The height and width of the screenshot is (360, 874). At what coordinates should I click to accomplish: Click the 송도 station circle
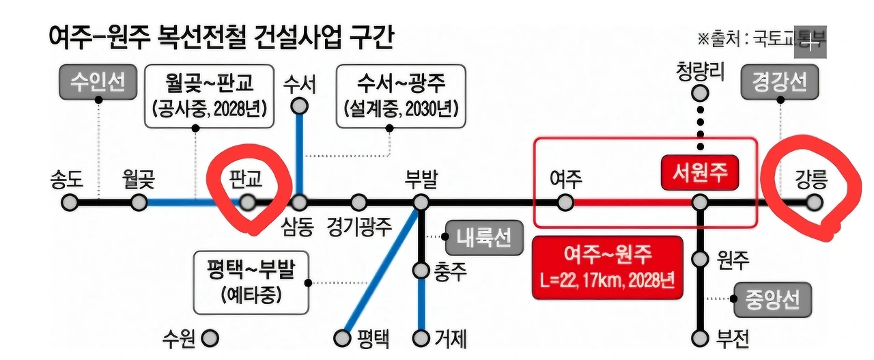pyautogui.click(x=69, y=202)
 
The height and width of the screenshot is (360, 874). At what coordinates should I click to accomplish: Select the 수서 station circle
pyautogui.click(x=299, y=106)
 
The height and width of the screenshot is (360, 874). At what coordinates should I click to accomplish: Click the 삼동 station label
pyautogui.click(x=297, y=226)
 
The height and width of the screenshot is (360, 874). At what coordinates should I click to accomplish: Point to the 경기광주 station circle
pyautogui.click(x=358, y=202)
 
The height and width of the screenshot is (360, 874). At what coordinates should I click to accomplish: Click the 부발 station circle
pyautogui.click(x=421, y=202)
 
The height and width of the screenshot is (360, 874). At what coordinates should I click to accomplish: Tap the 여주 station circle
pyautogui.click(x=565, y=202)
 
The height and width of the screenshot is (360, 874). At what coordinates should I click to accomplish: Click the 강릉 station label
pyautogui.click(x=811, y=180)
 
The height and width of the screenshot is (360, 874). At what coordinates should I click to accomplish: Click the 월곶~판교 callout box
pyautogui.click(x=210, y=96)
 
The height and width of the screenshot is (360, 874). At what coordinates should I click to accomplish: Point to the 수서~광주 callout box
pyautogui.click(x=401, y=96)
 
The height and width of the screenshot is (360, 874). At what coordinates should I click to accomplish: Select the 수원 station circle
pyautogui.click(x=210, y=337)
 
